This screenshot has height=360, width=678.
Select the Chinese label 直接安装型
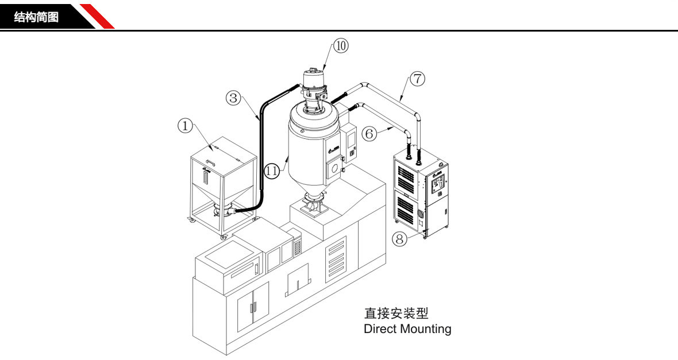396,314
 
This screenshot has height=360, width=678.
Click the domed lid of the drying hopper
314,120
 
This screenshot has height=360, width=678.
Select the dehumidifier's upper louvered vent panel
409,172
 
